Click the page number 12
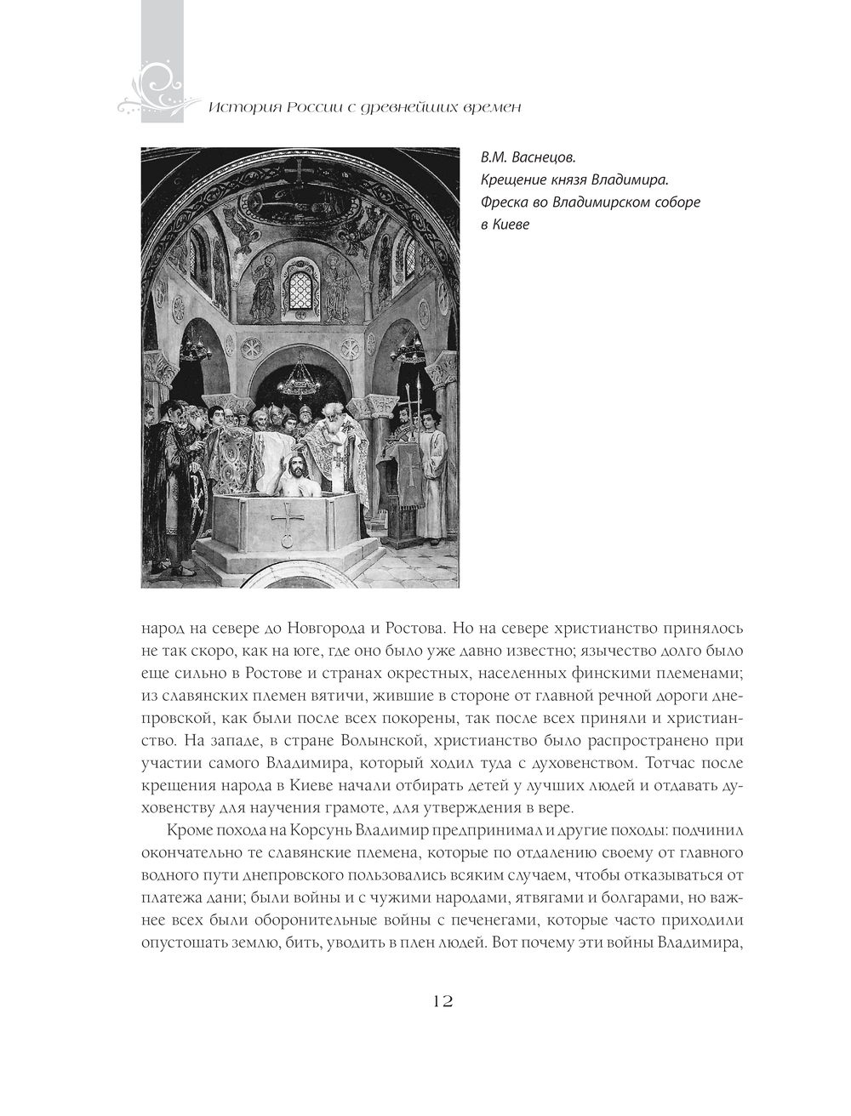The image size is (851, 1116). point(443,1000)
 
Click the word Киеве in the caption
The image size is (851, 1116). point(511,225)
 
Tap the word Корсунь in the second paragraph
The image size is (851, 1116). point(316,829)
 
